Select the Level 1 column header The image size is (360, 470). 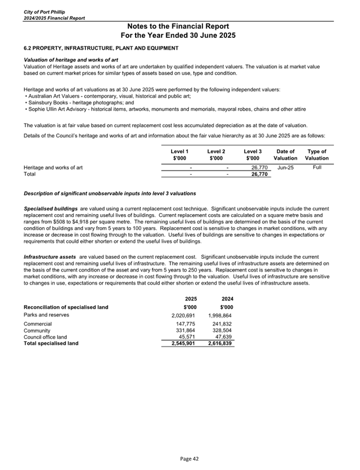(x=179, y=155)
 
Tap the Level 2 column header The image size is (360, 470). (x=216, y=155)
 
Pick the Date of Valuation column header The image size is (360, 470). (x=285, y=155)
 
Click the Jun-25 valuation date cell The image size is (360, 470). (x=286, y=167)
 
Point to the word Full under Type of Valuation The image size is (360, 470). (x=316, y=167)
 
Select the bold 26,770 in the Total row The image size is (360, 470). (x=253, y=175)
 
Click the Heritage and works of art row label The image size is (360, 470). (x=53, y=167)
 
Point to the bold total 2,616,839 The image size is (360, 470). (x=221, y=343)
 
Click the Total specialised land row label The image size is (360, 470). (x=51, y=343)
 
